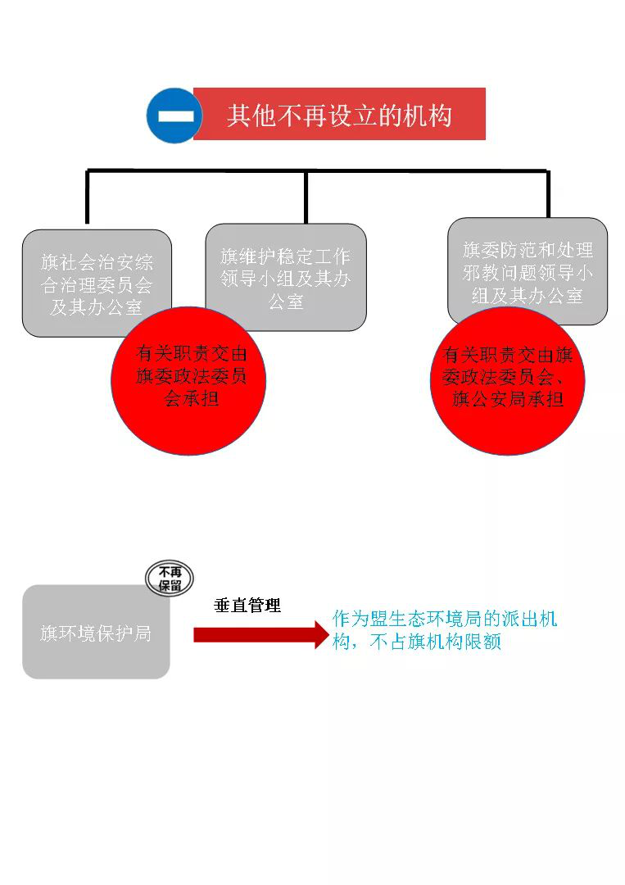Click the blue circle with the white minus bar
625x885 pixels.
(174, 116)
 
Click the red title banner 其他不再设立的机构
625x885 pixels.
(339, 114)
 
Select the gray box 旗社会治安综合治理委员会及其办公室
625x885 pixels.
(97, 283)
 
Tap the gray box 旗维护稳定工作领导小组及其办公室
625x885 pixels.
(286, 277)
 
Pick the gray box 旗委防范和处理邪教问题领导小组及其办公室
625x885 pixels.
(528, 271)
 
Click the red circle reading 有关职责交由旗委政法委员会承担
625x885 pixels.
(188, 381)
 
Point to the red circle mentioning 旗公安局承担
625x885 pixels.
(507, 381)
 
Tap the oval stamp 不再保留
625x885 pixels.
(170, 579)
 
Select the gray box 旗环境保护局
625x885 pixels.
(96, 632)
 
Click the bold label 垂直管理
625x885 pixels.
(247, 606)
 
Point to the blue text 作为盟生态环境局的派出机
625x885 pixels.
(445, 619)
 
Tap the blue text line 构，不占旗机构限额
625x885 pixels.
(417, 642)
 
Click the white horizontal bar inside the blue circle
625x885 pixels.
(175, 116)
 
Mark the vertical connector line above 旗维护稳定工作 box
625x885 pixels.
(306, 197)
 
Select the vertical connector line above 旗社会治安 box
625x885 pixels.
(87, 197)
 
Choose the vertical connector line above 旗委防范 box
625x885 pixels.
(548, 194)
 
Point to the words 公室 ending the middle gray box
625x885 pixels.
(286, 302)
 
